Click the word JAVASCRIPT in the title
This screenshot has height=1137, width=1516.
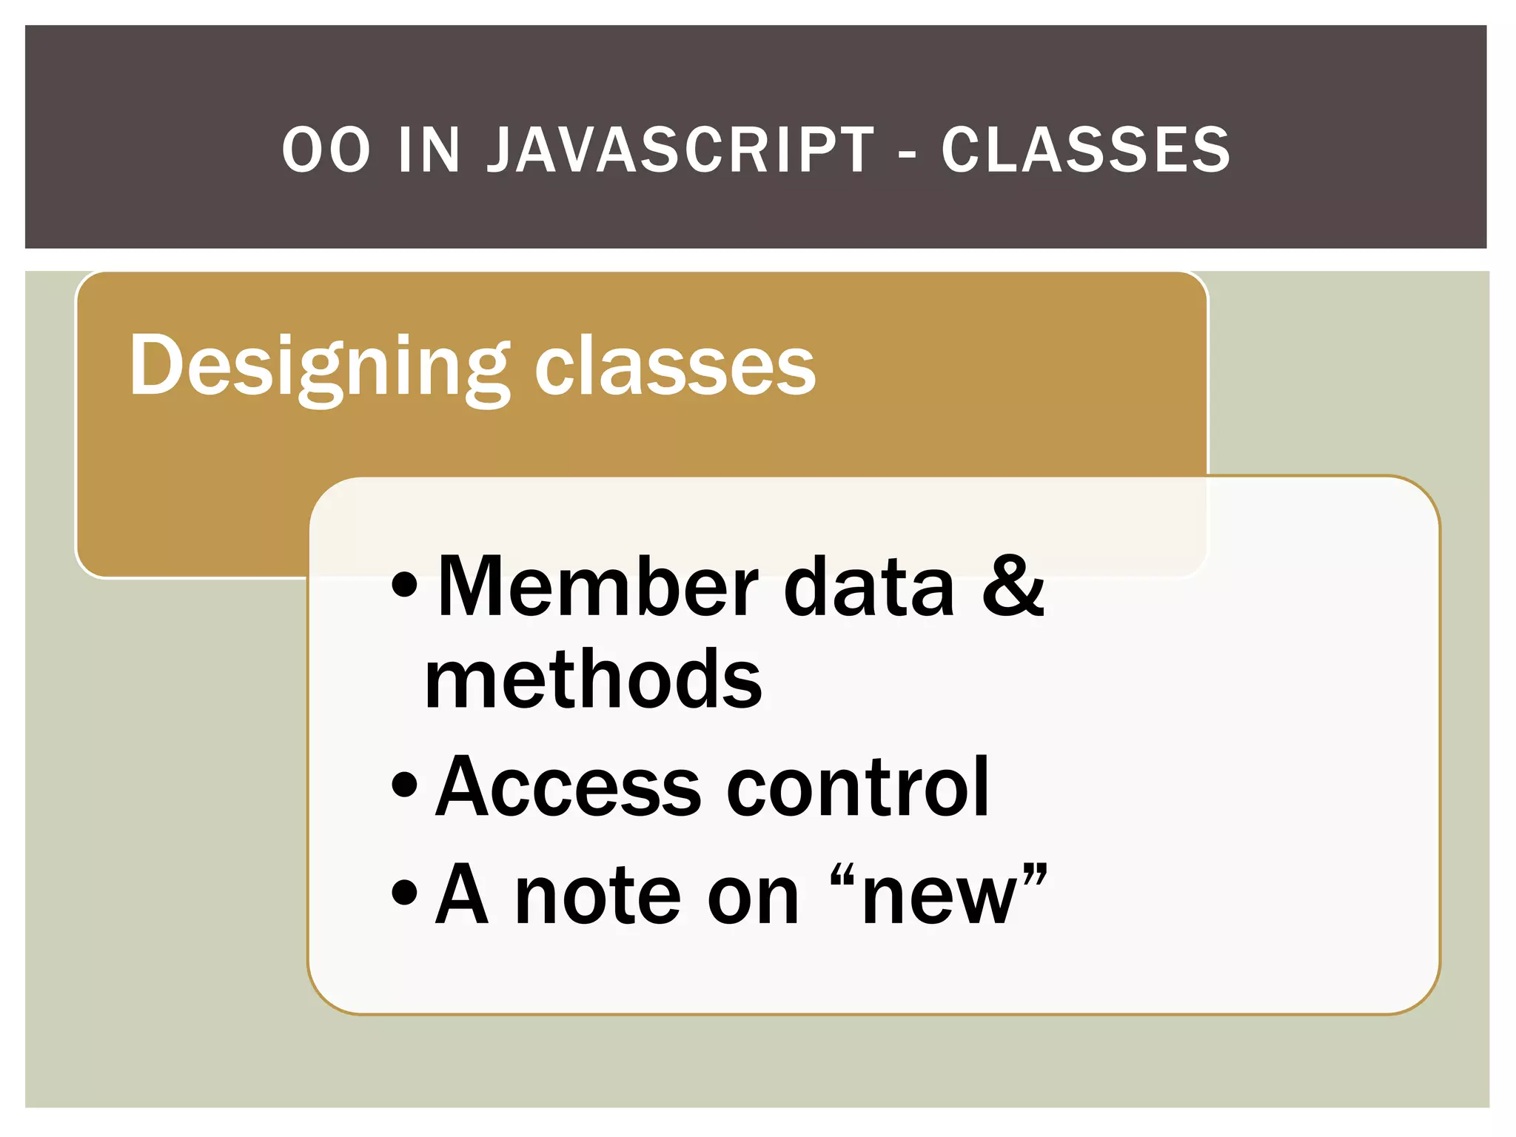point(680,150)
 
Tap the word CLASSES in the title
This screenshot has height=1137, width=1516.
point(1085,150)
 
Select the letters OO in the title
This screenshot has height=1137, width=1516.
point(326,150)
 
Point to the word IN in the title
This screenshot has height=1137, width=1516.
point(429,150)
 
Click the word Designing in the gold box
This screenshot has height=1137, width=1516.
point(318,366)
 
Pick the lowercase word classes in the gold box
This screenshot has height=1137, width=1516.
point(674,366)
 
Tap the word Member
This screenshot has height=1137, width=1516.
point(598,586)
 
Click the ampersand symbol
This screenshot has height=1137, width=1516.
point(1013,586)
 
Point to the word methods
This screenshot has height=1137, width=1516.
point(592,679)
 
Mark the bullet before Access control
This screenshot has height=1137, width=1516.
point(405,785)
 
